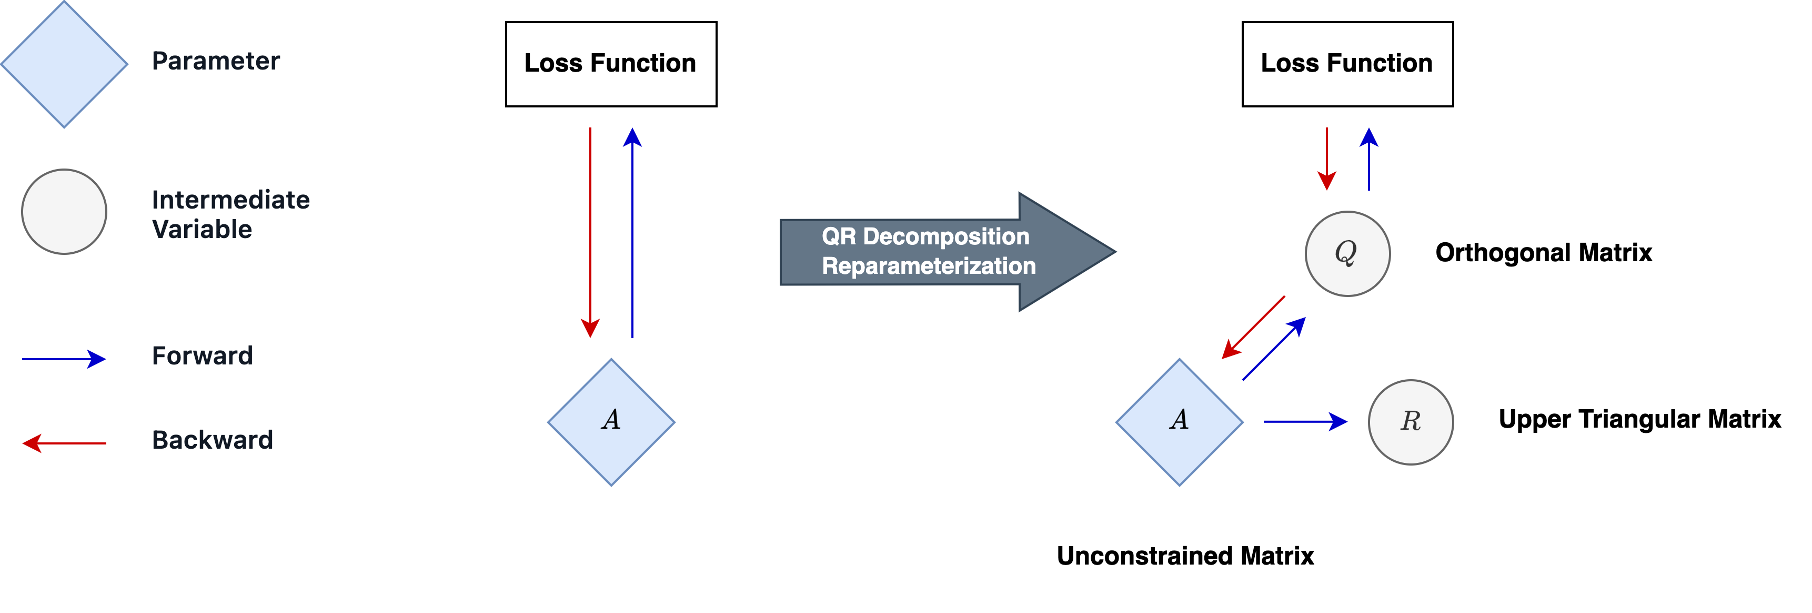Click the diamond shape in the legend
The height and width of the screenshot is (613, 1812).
(x=64, y=64)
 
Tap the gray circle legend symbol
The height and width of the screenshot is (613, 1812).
(x=64, y=211)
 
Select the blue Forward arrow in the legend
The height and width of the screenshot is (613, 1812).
(x=64, y=359)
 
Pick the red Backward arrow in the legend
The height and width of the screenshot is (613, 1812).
(x=64, y=443)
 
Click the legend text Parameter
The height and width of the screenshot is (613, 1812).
(x=216, y=61)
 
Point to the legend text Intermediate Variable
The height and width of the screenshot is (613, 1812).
(x=230, y=214)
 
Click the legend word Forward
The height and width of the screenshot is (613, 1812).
(x=202, y=355)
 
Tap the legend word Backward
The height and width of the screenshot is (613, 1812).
(x=213, y=440)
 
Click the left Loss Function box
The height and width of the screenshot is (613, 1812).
(x=610, y=64)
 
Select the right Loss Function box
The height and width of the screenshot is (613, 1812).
(x=1347, y=64)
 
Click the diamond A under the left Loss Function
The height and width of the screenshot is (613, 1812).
(x=610, y=422)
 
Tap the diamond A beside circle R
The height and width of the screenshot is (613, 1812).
(x=1180, y=422)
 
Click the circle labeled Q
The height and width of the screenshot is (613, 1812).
(x=1347, y=253)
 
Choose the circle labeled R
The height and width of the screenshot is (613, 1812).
(x=1411, y=422)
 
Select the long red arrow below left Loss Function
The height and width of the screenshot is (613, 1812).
(x=590, y=232)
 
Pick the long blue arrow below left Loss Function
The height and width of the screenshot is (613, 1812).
(x=632, y=232)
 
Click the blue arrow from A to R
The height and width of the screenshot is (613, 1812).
(x=1305, y=422)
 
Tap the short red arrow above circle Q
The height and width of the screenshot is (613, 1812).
(x=1327, y=159)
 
